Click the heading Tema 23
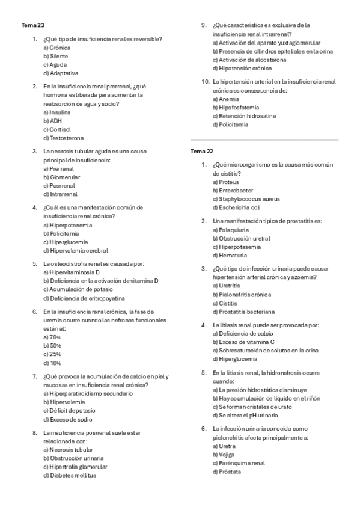[x=32, y=26]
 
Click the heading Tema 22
[x=201, y=151]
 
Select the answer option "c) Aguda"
[x=55, y=64]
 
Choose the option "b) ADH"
[x=52, y=120]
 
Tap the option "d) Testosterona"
[x=63, y=138]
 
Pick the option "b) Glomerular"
[x=61, y=177]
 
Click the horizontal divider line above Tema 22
[x=264, y=140]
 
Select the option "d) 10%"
[x=52, y=363]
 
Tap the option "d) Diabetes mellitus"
[x=69, y=475]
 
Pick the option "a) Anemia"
[x=225, y=99]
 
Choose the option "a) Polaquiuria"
[x=230, y=230]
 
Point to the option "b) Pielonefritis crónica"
[x=242, y=295]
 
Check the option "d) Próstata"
[x=226, y=472]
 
